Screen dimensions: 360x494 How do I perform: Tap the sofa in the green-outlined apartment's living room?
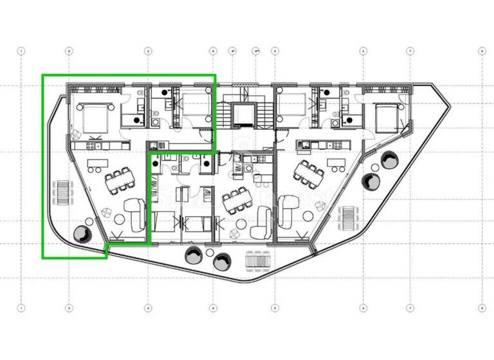click(x=134, y=215)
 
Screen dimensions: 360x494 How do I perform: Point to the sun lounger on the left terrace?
click(x=62, y=191)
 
